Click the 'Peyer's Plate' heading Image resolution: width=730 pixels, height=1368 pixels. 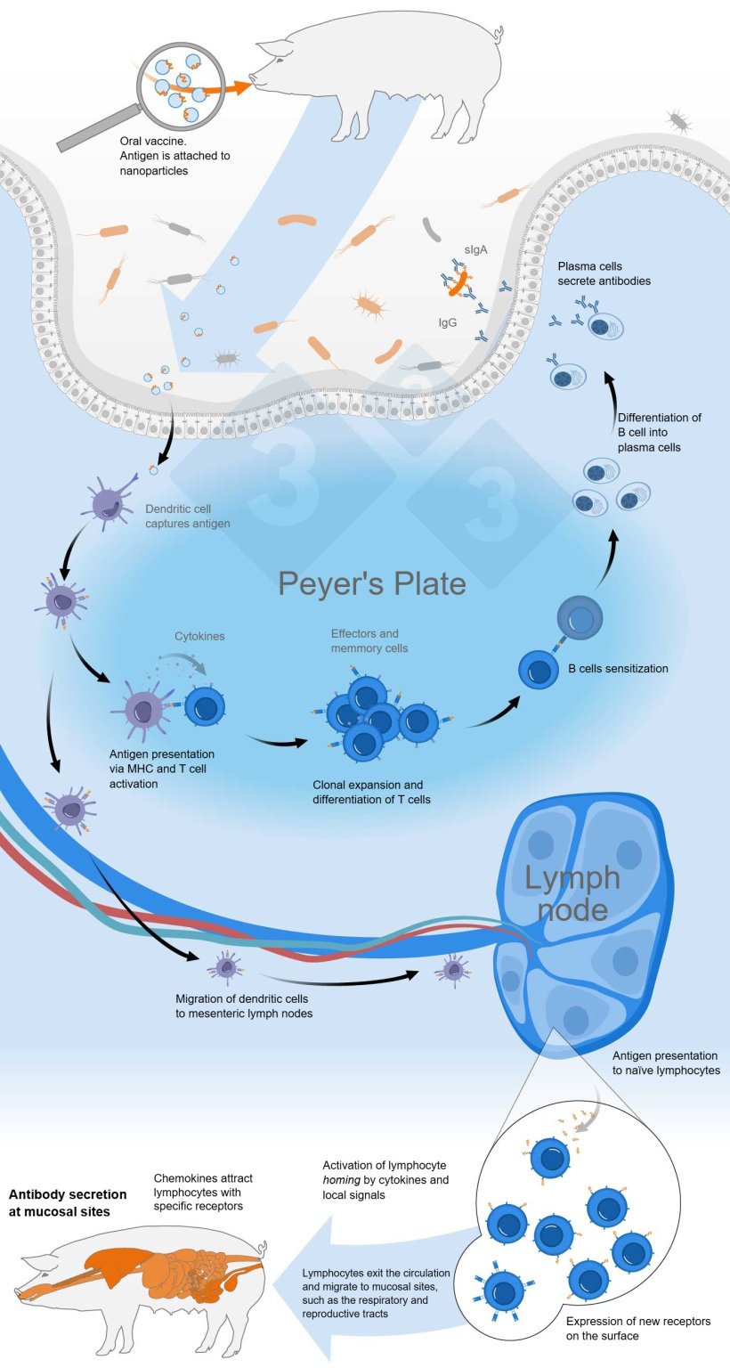click(371, 583)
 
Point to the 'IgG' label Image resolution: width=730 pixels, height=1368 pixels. click(448, 323)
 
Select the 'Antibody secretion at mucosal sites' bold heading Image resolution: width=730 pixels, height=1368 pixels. click(68, 1202)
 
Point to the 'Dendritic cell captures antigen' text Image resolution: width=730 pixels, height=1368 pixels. click(187, 517)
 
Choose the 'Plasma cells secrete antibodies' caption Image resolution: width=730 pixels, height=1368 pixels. click(604, 273)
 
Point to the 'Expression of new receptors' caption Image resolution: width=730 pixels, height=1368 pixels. click(638, 1328)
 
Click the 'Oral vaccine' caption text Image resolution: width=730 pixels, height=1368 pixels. click(175, 155)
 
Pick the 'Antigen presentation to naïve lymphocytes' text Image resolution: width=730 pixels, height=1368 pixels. click(667, 1063)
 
